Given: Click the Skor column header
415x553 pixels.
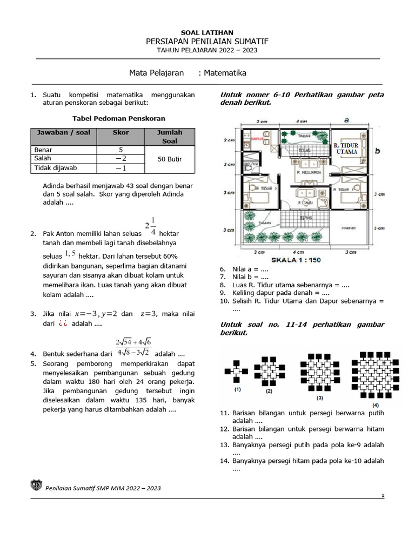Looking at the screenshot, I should [121, 132].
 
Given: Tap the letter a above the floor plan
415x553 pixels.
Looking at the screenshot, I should [346, 120].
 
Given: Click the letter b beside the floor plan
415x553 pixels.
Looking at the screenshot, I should [378, 151].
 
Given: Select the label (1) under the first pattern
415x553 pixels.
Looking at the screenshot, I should [238, 389].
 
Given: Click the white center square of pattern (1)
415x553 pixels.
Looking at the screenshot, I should [236, 372].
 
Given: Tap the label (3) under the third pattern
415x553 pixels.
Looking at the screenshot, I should [320, 398].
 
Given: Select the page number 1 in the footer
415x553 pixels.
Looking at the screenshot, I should [382, 495].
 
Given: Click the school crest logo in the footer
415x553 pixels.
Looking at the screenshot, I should [36, 486].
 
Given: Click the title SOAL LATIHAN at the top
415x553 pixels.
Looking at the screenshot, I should [207, 33].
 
